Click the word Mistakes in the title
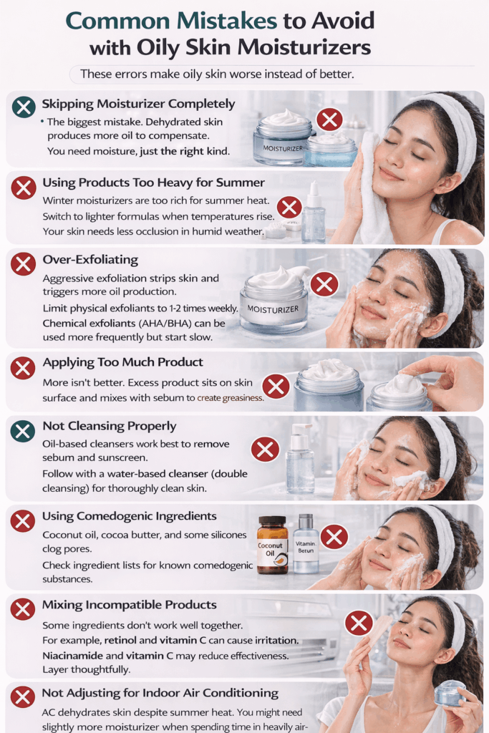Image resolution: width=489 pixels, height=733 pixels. pos(227,21)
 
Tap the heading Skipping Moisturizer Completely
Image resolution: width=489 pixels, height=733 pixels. pos(138,105)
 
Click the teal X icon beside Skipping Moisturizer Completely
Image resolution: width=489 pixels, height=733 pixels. pos(24,107)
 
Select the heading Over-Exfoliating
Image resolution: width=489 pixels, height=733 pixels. pos(90,260)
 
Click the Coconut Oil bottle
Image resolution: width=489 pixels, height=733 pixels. pos(273,545)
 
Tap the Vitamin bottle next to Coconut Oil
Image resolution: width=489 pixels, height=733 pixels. pos(306,544)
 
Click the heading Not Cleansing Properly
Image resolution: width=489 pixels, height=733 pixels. pos(110,427)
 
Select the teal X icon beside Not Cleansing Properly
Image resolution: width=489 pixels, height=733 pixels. pos(23,430)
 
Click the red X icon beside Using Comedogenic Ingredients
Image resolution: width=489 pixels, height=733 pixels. pos(23,521)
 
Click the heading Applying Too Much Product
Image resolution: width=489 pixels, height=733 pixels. pos(123,362)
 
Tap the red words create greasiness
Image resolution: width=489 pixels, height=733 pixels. pos(230,398)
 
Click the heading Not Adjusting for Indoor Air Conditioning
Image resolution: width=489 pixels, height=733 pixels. pos(160,693)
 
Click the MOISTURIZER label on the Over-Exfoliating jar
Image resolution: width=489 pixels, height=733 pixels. pos(273,309)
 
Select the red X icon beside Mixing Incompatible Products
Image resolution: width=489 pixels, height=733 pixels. pos(23,610)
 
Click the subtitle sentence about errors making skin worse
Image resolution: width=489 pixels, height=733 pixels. pos(217,74)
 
